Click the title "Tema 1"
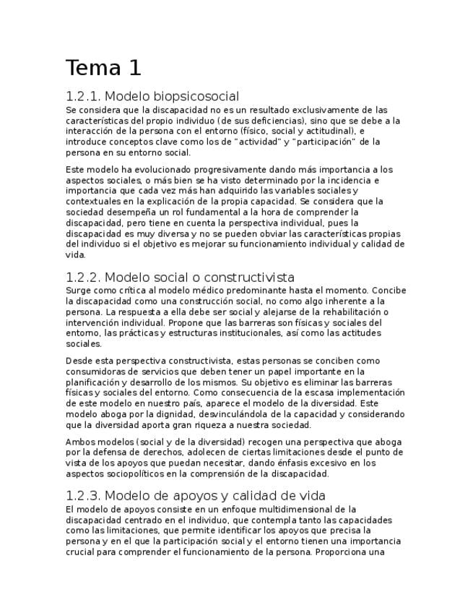(103, 68)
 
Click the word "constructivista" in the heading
(249, 278)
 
